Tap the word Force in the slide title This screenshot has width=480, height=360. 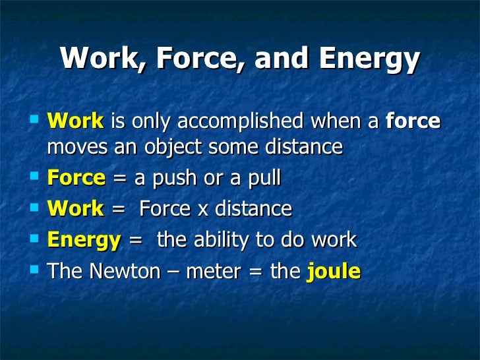click(197, 59)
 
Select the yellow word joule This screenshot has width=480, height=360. click(334, 272)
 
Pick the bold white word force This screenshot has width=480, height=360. click(413, 121)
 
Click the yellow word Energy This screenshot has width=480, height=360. click(84, 241)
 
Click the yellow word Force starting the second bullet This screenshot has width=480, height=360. click(76, 178)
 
